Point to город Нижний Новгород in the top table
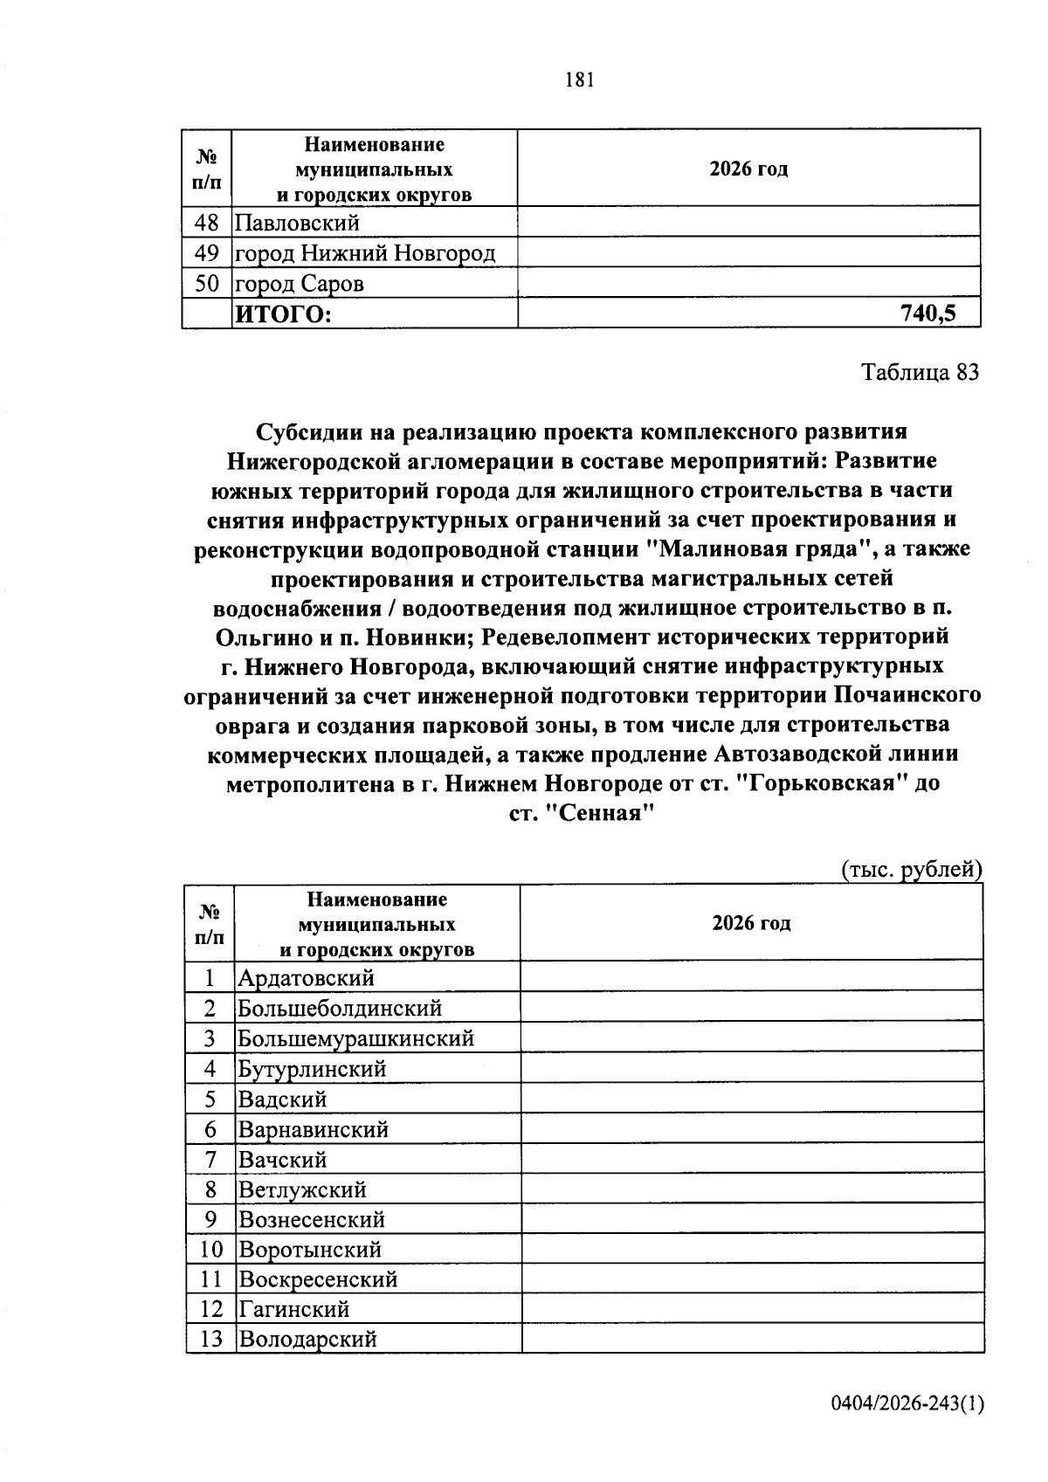click(366, 253)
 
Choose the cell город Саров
click(300, 284)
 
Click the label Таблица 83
click(920, 373)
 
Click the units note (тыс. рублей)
click(912, 869)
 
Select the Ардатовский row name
click(307, 977)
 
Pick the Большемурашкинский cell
click(356, 1037)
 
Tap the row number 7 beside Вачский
click(210, 1159)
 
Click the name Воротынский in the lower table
click(310, 1249)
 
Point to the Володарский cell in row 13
click(307, 1338)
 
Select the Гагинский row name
click(294, 1308)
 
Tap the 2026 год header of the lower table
click(751, 923)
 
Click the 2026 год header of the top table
click(748, 169)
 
